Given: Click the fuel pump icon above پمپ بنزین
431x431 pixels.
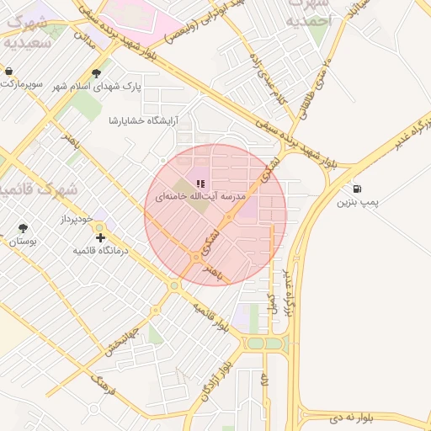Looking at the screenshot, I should (x=359, y=189).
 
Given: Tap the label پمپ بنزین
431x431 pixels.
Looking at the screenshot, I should (x=359, y=203).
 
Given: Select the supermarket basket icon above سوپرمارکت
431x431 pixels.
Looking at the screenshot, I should (x=8, y=72).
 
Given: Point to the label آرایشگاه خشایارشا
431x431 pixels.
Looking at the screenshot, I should (x=142, y=120).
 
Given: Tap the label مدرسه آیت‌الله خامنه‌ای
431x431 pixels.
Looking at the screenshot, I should (x=200, y=195).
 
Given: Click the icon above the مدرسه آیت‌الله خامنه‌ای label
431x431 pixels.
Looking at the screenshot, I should (x=200, y=183).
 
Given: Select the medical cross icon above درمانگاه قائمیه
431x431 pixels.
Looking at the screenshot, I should (x=101, y=238).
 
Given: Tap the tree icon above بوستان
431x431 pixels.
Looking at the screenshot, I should (x=22, y=228).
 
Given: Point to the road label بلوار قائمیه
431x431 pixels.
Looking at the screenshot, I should (x=210, y=317).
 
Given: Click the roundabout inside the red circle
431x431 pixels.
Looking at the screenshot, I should (x=197, y=257).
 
